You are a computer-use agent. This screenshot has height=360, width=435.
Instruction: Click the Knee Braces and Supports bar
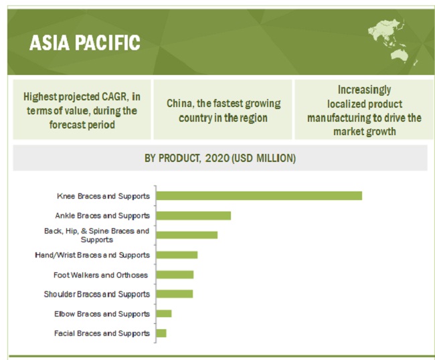point(259,196)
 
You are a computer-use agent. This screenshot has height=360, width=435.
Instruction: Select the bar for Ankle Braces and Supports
point(193,215)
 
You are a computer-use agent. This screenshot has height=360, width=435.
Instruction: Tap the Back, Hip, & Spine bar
point(187,235)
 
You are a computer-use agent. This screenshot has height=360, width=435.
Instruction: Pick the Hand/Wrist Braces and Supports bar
point(177,254)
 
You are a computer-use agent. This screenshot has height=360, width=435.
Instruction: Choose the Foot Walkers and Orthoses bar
point(175,274)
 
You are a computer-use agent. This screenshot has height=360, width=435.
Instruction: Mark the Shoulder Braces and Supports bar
point(175,294)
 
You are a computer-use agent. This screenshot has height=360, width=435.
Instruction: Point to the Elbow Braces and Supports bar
point(164,313)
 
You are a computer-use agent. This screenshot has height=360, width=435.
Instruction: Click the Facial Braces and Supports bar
point(161,333)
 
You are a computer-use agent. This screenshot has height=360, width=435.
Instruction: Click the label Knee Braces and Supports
point(104,196)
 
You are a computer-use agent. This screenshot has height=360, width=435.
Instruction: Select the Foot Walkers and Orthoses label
point(100,275)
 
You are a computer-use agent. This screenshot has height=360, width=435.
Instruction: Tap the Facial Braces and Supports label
point(102,333)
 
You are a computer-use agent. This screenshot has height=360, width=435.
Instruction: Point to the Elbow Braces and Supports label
point(102,314)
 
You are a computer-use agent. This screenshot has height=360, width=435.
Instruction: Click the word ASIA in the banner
point(50,43)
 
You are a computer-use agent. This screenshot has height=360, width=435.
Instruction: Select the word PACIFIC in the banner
point(108,43)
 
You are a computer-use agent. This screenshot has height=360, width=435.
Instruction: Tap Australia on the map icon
point(400,55)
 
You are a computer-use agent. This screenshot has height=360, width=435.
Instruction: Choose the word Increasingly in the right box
point(364,90)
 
